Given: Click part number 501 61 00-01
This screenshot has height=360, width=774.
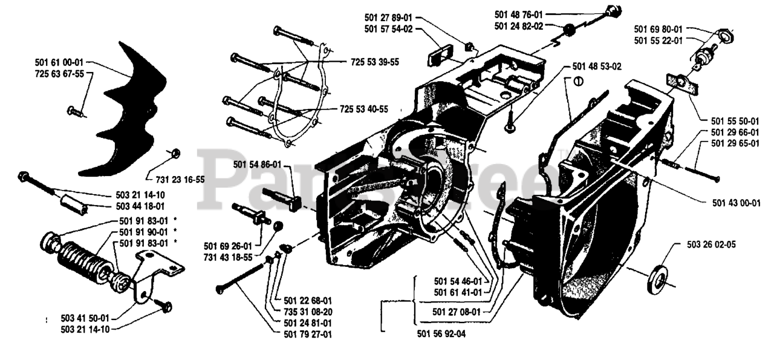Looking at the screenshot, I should [x=59, y=62].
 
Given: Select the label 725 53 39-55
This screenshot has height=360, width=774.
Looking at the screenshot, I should [x=374, y=62].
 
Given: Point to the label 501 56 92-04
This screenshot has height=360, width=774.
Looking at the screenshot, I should [x=442, y=332].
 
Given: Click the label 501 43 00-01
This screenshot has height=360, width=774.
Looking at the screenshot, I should [x=735, y=203].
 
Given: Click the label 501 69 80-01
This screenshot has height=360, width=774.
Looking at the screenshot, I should [x=658, y=29].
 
